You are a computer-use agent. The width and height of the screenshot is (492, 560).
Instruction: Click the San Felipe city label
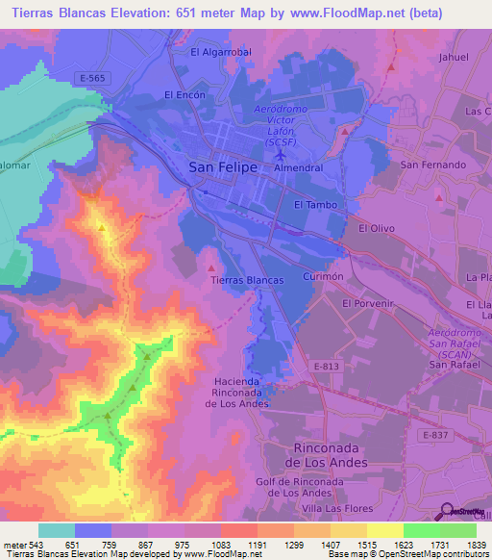[x=222, y=167]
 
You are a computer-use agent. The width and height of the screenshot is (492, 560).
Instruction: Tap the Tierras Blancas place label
[x=247, y=280]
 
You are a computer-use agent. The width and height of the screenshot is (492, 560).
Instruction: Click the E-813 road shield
[x=327, y=366]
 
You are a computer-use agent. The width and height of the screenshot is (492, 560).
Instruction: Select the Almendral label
[x=298, y=167]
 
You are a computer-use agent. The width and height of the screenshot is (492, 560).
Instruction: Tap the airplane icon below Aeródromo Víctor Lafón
[x=279, y=155]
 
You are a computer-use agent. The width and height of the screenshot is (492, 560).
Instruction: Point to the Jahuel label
[x=454, y=57]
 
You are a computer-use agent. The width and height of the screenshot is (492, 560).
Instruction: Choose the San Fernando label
[x=433, y=165]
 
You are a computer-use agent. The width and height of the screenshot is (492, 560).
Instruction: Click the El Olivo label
[x=377, y=229]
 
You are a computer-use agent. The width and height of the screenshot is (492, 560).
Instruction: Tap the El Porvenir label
[x=369, y=303]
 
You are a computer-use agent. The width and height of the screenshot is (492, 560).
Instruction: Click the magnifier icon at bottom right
[x=447, y=512]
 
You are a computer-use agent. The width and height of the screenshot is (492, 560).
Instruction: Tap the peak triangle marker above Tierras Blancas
[x=211, y=257]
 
